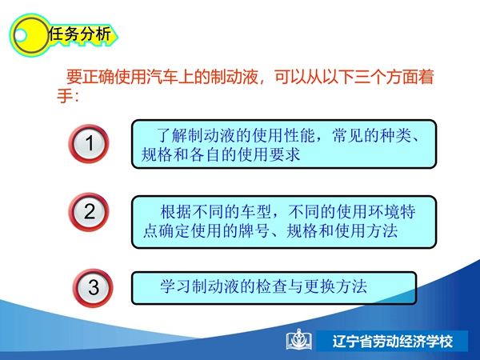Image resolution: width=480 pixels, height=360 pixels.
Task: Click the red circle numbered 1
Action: coord(89,143)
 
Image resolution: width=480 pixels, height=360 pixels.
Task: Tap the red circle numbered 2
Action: coord(89,212)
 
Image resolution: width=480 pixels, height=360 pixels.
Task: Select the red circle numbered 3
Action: coord(93,288)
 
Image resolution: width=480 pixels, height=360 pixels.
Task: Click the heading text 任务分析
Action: coord(79,34)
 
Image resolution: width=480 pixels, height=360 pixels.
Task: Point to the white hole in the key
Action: coord(20,35)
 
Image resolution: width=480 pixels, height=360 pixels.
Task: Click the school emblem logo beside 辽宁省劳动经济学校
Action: coord(299,340)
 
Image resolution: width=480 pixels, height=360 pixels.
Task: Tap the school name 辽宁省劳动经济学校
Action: coord(393,342)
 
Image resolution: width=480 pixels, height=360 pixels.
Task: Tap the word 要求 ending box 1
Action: coord(284,154)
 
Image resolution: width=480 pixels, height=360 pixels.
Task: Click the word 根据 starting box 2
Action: coord(176,211)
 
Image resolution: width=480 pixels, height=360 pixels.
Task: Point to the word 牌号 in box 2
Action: coord(254,230)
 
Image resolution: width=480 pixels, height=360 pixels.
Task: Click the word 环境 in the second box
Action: coord(383,211)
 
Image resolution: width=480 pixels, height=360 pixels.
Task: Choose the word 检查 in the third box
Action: coord(271,287)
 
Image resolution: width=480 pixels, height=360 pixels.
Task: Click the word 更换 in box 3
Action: coord(319,287)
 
